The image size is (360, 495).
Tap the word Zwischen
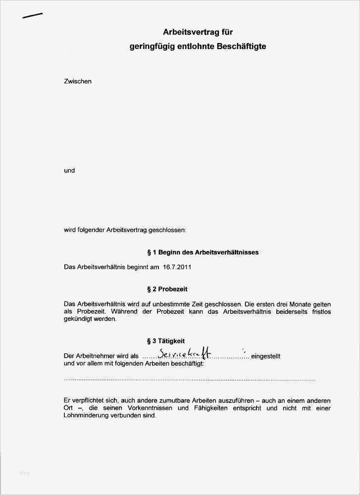[78, 81]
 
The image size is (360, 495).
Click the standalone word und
[69, 170]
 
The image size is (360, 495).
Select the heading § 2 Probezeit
[167, 289]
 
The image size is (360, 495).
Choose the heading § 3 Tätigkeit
[166, 341]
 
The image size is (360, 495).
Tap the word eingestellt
[266, 356]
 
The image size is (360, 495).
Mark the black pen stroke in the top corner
[33, 15]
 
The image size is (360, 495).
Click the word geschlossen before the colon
[168, 230]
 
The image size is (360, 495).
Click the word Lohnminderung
[86, 416]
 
